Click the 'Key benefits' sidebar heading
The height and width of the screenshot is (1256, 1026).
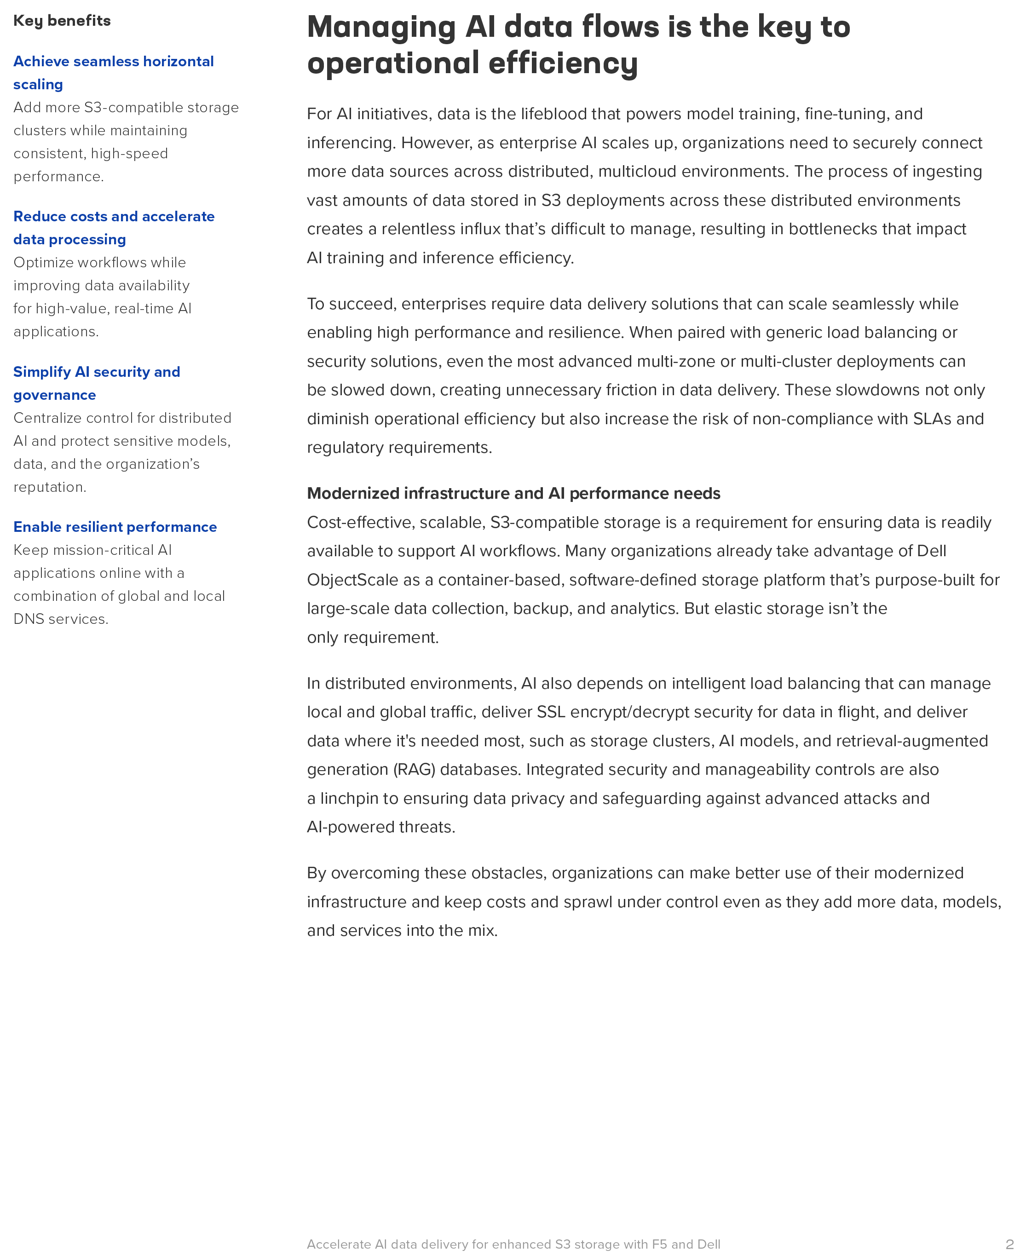point(62,21)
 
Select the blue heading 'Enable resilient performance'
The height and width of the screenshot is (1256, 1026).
point(115,527)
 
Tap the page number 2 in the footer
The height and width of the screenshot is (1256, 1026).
point(1009,1244)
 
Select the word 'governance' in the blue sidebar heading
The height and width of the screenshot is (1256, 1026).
point(54,395)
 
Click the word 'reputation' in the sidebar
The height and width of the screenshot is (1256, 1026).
point(49,487)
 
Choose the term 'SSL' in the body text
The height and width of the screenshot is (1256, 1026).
point(551,712)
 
